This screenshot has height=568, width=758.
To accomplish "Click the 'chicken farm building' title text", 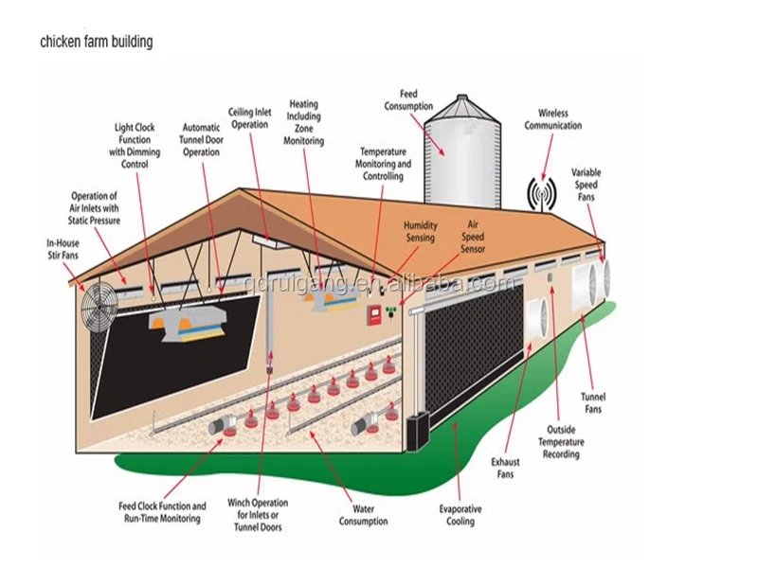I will point(96,43).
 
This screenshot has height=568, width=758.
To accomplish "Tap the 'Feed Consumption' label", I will point(408,100).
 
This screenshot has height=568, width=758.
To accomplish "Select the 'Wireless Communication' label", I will point(553,119).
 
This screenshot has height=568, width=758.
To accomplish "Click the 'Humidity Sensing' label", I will point(420,231).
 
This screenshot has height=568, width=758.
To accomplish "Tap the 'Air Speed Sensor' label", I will point(473,237).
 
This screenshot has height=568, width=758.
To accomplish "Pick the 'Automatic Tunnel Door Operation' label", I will point(201,139).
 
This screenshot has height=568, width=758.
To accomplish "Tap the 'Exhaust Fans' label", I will point(505,468).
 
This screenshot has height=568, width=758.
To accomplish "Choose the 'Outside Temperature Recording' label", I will point(561,442).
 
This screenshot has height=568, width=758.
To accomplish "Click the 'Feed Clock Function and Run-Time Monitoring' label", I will point(164,512).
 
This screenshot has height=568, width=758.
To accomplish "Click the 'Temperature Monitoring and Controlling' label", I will point(383,164).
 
